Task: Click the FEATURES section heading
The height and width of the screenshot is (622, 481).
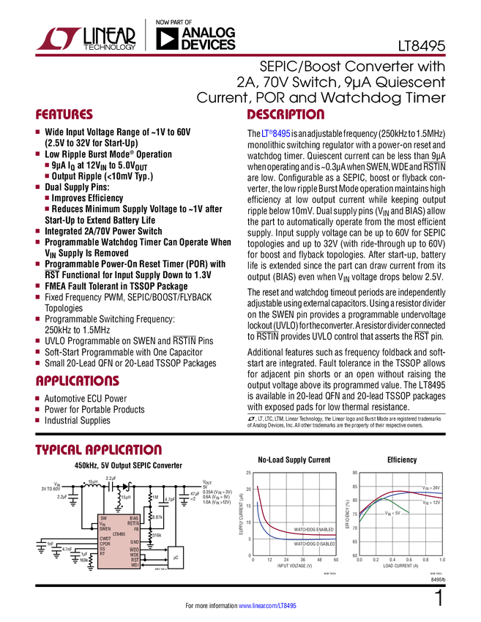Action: click(x=64, y=115)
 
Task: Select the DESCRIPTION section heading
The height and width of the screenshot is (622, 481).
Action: click(x=286, y=115)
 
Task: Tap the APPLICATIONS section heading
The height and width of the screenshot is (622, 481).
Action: click(x=78, y=381)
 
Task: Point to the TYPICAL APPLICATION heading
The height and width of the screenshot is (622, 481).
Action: click(x=98, y=449)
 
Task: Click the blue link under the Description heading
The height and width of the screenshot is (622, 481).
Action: click(x=275, y=135)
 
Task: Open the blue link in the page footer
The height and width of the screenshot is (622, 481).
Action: click(x=268, y=605)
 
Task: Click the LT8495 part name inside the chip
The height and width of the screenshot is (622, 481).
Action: click(x=119, y=535)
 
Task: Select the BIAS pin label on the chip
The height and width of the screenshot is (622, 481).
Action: click(x=134, y=518)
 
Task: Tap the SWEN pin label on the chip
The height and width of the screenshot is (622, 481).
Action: click(x=105, y=528)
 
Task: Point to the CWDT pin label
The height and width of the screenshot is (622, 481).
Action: click(x=105, y=539)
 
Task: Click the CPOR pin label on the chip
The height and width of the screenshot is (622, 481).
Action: click(x=105, y=544)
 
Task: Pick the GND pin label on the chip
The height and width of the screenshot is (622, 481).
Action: click(x=134, y=542)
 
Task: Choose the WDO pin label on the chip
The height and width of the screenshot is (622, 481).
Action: click(x=134, y=550)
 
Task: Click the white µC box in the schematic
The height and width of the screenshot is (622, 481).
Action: click(x=175, y=558)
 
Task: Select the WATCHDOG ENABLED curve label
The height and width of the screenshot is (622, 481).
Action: click(x=316, y=528)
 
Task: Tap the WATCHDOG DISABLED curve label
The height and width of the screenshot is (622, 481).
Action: click(x=316, y=544)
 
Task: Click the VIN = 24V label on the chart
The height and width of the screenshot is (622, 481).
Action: click(x=431, y=487)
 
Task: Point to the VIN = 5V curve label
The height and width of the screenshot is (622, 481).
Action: click(x=394, y=514)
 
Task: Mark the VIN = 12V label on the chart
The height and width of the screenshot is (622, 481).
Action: click(x=431, y=503)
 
